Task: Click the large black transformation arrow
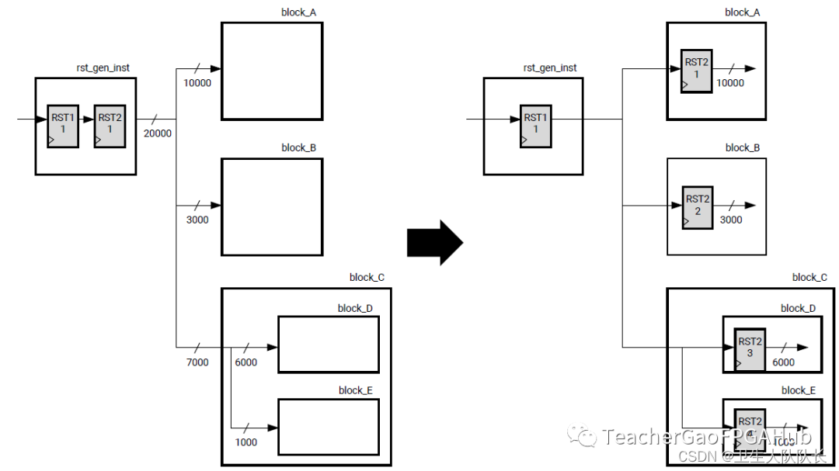(x=434, y=243)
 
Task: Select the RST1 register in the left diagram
(x=63, y=125)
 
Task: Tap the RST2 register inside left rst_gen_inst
(x=110, y=125)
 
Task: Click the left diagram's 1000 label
(x=245, y=442)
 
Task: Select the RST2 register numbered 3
(x=750, y=349)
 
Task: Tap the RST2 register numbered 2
(x=698, y=206)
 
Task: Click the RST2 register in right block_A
(x=696, y=71)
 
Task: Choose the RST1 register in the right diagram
(x=535, y=125)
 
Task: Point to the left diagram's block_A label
(x=298, y=12)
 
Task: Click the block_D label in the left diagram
(x=355, y=308)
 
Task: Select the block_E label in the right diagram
(x=799, y=390)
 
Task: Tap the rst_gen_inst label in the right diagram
(x=550, y=68)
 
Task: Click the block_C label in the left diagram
(x=367, y=277)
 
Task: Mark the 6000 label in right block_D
(x=783, y=362)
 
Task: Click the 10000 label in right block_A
(x=729, y=83)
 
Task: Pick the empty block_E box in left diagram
(x=329, y=427)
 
